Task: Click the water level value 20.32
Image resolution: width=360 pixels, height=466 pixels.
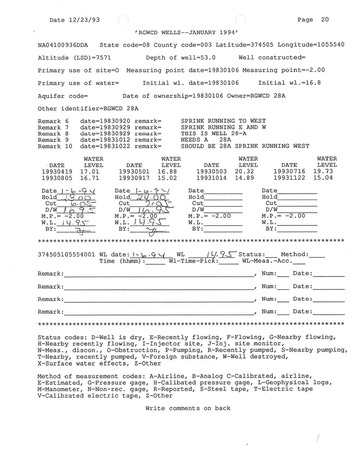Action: tap(248, 172)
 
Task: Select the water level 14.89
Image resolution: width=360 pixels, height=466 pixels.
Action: tap(248, 178)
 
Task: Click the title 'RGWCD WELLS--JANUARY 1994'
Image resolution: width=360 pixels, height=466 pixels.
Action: tap(187, 32)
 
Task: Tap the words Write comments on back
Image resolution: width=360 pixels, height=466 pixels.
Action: tap(188, 408)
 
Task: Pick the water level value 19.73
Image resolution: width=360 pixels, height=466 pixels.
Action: tap(327, 172)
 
